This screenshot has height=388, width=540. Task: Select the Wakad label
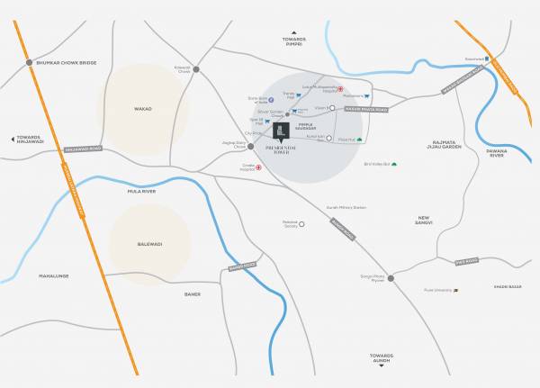point(143,109)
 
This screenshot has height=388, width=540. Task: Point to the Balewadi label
point(149,243)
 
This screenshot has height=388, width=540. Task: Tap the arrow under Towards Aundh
point(383,365)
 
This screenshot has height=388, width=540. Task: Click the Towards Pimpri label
point(293,42)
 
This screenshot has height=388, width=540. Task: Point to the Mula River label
point(142,192)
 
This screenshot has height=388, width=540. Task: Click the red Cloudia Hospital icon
point(260,167)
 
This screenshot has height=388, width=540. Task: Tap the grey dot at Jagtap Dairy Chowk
point(237,146)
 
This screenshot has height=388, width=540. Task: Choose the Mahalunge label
point(53,275)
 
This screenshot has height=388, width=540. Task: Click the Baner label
point(192,293)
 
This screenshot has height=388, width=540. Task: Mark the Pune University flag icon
point(455,290)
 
